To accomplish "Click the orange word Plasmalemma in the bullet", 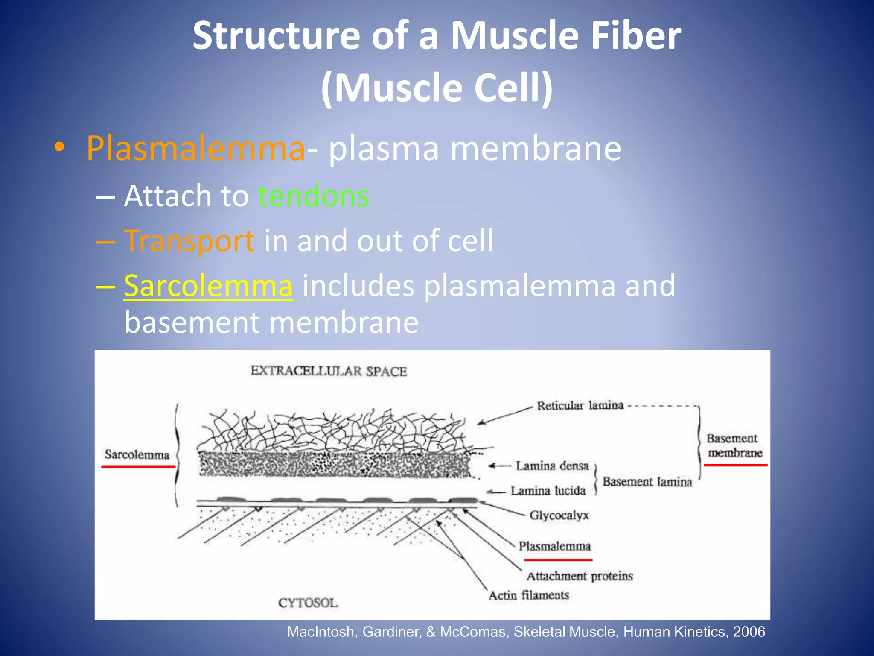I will (x=196, y=149).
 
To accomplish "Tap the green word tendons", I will (x=314, y=196).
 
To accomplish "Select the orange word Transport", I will (x=189, y=241).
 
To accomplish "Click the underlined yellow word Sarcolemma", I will (x=208, y=286).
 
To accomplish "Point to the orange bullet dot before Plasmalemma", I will (x=59, y=147).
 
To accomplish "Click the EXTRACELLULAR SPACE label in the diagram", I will (x=329, y=371).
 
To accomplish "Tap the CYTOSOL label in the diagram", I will (x=308, y=603).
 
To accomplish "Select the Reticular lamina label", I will (x=580, y=405).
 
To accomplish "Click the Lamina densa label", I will (x=552, y=466).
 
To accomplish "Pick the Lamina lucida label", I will (x=548, y=491).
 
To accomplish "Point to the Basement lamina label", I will (x=647, y=482).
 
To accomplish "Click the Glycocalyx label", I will (x=559, y=515).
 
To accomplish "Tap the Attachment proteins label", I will (x=580, y=576).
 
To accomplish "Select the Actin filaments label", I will (x=529, y=595).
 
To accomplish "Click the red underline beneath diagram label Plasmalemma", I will (x=558, y=559).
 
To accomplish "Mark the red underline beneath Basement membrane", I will (x=735, y=465).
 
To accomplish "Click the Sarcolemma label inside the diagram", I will (x=137, y=454).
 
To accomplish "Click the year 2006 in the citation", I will (x=749, y=632).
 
